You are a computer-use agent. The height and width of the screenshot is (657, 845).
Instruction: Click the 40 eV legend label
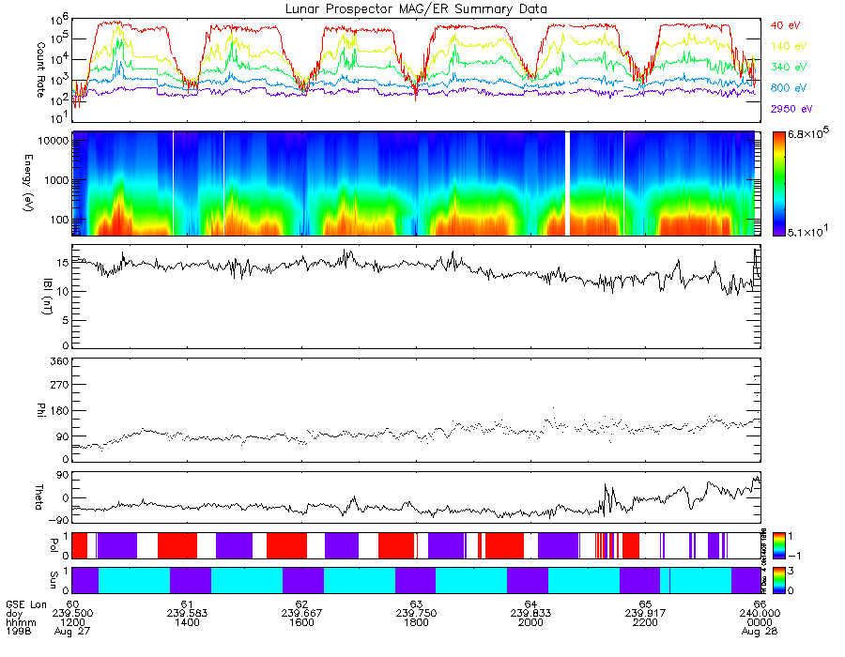pos(785,25)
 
